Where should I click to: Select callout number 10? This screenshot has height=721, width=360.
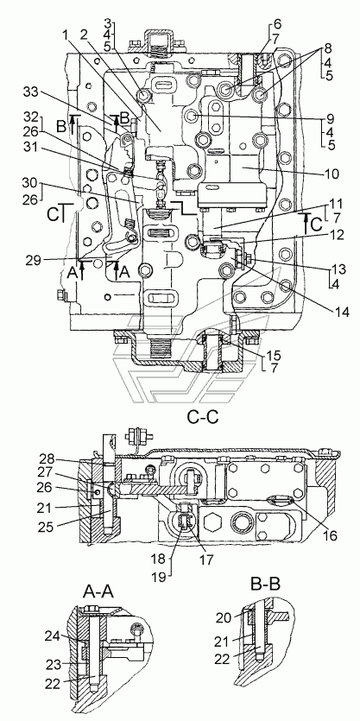pyautogui.click(x=331, y=174)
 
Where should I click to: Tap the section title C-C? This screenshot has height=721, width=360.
pyautogui.click(x=202, y=417)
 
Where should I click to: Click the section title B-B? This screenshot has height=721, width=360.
pyautogui.click(x=265, y=584)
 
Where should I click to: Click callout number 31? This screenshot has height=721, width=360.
pyautogui.click(x=30, y=149)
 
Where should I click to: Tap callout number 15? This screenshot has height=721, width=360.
pyautogui.click(x=270, y=356)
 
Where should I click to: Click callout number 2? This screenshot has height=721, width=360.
pyautogui.click(x=84, y=35)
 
